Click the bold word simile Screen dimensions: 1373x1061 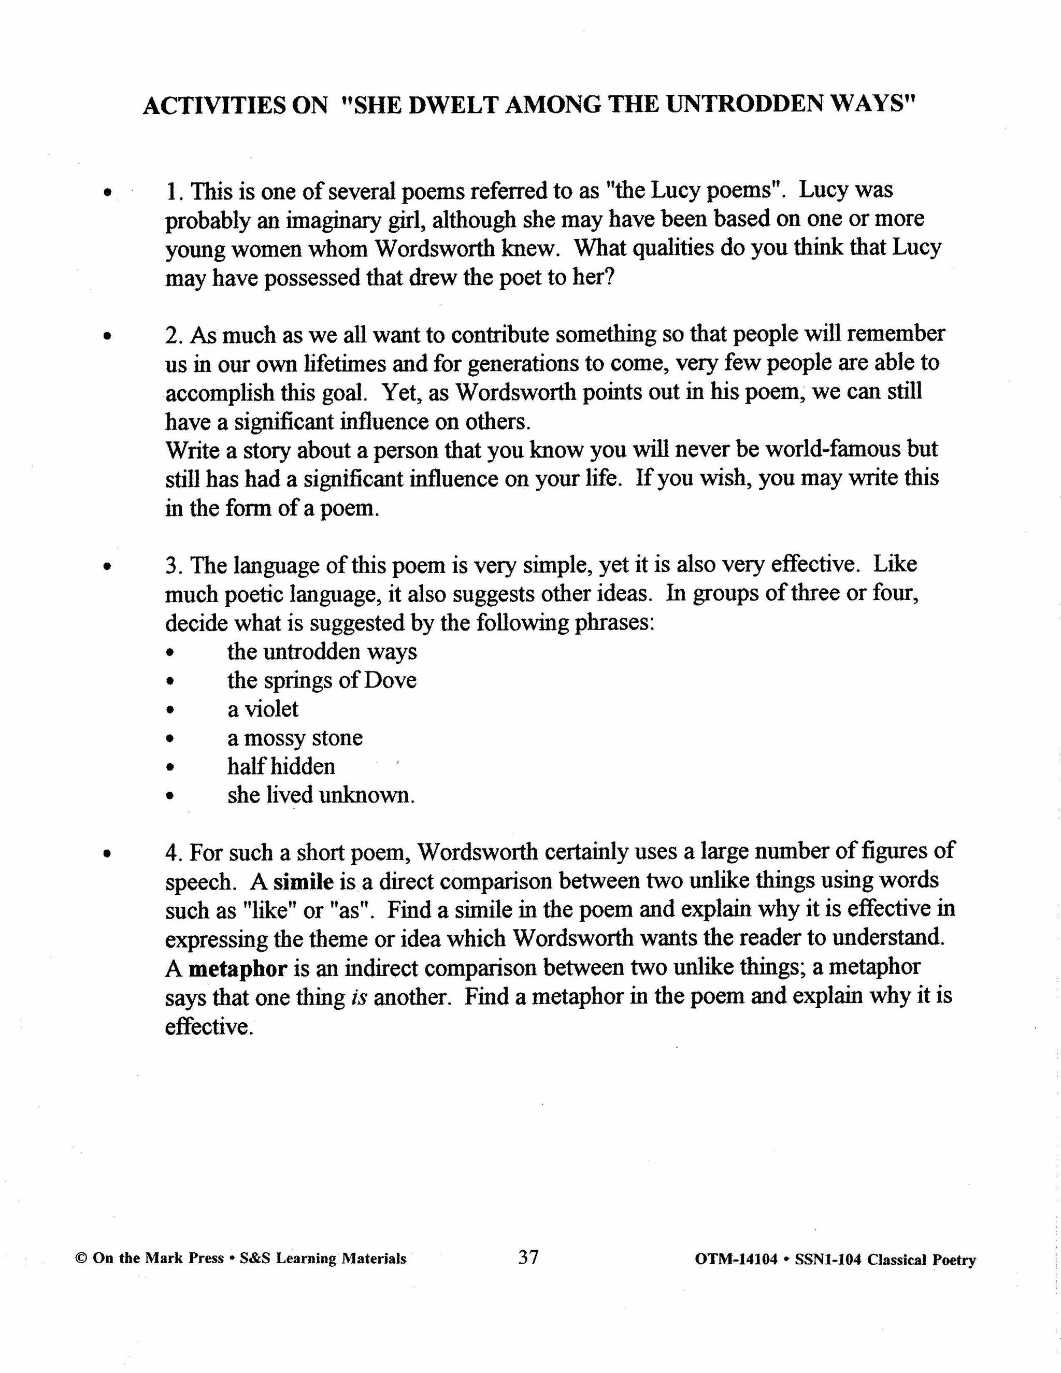point(304,881)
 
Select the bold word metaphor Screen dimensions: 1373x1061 point(238,968)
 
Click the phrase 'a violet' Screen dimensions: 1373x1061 point(262,709)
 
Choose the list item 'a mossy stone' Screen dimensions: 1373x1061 point(295,737)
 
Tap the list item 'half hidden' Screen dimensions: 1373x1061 point(281,766)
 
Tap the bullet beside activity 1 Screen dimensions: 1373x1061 point(109,192)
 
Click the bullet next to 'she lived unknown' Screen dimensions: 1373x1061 point(169,796)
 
